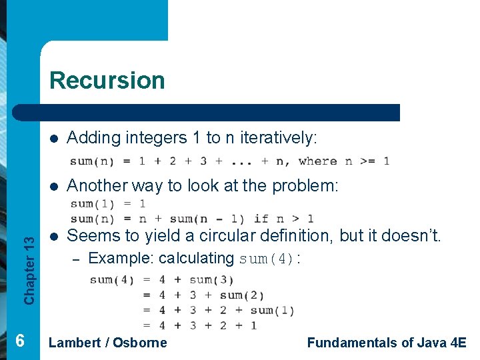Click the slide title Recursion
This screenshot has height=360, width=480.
(x=107, y=80)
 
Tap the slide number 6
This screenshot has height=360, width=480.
(x=20, y=341)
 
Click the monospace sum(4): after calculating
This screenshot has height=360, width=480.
(x=269, y=259)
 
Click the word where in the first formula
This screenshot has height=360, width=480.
(x=318, y=161)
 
